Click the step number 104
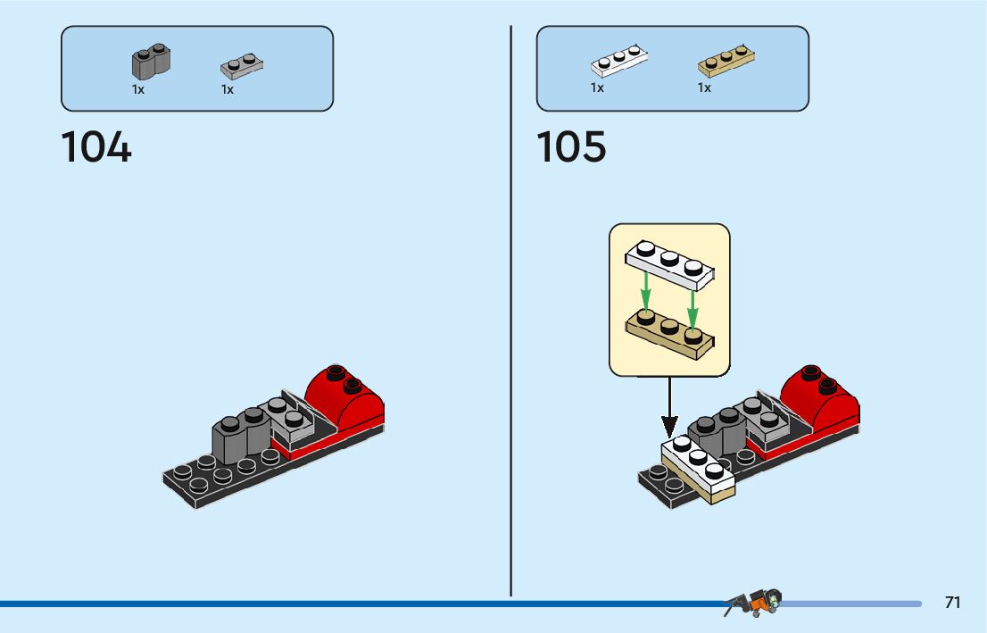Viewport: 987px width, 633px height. coord(96,147)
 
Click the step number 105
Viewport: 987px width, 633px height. coord(571,147)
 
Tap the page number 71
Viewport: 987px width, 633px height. coord(952,603)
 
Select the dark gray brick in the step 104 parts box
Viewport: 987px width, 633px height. coord(152,62)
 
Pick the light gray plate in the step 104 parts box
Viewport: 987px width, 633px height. coord(242,66)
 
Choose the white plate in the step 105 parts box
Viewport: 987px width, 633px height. coord(618,60)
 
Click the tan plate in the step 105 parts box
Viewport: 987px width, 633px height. coord(726,61)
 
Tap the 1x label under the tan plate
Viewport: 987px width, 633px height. coord(704,88)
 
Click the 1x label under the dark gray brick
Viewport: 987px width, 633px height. coord(138,89)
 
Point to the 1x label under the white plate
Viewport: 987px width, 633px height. coord(597,88)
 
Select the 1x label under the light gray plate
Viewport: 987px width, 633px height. coord(228,89)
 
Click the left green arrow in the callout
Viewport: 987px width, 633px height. coord(646,291)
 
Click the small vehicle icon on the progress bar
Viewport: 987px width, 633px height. coord(754,603)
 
